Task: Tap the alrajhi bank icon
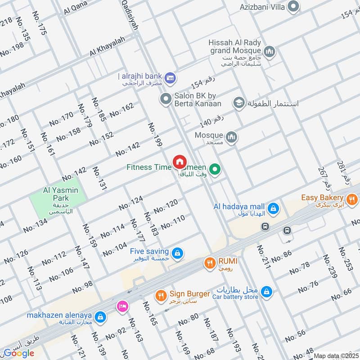(170, 78)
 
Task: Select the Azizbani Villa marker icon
(293, 6)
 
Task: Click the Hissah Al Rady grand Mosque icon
(270, 53)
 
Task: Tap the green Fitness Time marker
(216, 169)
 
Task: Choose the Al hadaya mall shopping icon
(272, 209)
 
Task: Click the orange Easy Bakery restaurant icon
(352, 198)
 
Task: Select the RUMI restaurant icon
(209, 263)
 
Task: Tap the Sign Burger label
(189, 294)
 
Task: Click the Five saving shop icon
(178, 252)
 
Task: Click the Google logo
(19, 353)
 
